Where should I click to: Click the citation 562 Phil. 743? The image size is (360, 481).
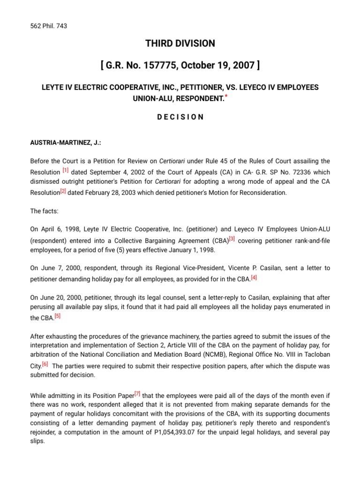[x=48, y=26]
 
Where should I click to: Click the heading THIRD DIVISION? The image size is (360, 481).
[x=180, y=44]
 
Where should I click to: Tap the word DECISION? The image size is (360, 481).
[x=180, y=117]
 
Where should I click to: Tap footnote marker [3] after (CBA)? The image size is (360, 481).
[x=232, y=240]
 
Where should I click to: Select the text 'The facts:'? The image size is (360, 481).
[x=45, y=211]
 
